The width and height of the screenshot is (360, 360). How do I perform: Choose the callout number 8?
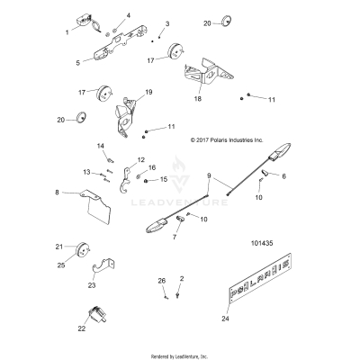pyautogui.click(x=58, y=192)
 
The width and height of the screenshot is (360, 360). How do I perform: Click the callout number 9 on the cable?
pyautogui.click(x=209, y=175)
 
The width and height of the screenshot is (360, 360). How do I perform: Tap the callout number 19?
pyautogui.click(x=148, y=92)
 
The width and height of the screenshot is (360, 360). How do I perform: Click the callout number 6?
pyautogui.click(x=283, y=175)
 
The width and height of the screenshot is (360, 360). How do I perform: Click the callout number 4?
pyautogui.click(x=128, y=15)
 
